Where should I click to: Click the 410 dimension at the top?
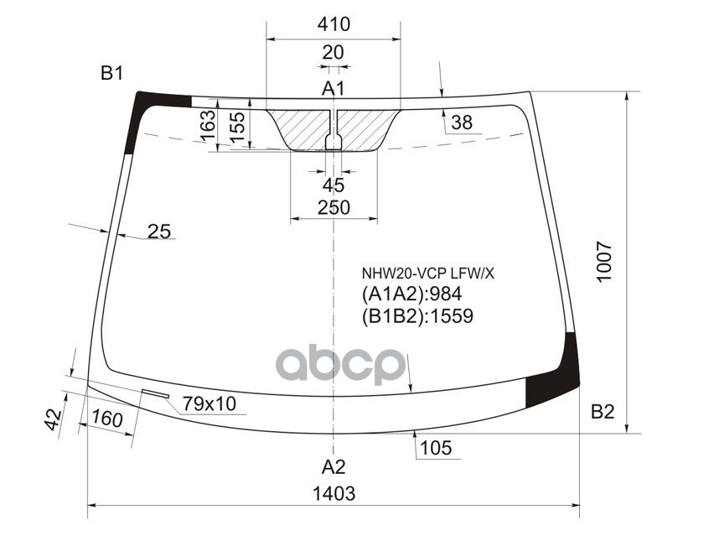click(x=334, y=24)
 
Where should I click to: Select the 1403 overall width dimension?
click(x=334, y=493)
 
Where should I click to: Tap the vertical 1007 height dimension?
click(x=604, y=262)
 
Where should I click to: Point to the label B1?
click(x=112, y=73)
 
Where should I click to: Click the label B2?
click(x=603, y=412)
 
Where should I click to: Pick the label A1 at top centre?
click(x=334, y=88)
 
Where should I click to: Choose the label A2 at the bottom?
click(x=334, y=467)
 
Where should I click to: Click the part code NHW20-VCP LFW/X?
click(x=428, y=273)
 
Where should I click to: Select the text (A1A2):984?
click(x=412, y=294)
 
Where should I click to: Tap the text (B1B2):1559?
click(x=418, y=316)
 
